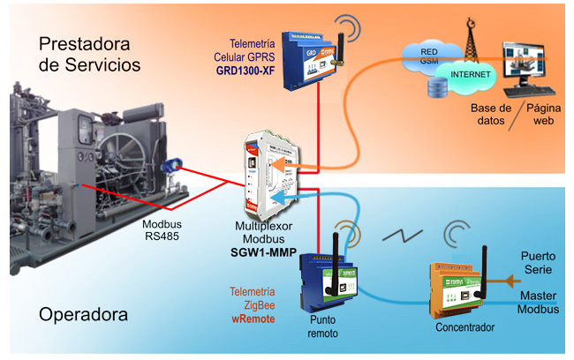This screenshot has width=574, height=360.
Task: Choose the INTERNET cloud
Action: coord(471,74)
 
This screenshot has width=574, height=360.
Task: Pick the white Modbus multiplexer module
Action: coord(271,173)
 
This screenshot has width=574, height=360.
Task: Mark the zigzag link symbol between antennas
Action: coord(397,237)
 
